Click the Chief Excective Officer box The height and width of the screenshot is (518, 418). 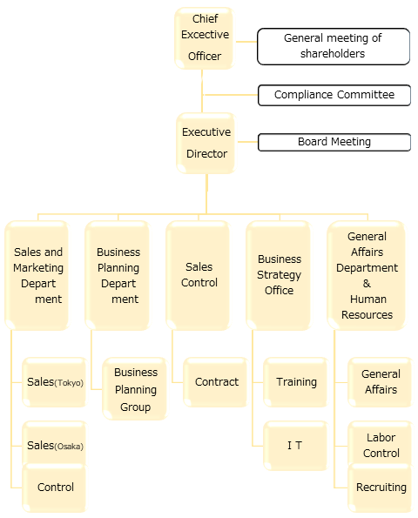[204, 38]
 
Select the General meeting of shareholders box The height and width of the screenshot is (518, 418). [334, 46]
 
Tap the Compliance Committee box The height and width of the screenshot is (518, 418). [334, 95]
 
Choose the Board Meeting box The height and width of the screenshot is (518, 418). [334, 142]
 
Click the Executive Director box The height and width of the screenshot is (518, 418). [206, 143]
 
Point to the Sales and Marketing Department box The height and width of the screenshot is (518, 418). [37, 275]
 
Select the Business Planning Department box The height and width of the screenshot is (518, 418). [118, 275]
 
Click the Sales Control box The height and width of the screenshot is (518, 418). [199, 275]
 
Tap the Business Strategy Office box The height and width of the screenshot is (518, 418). [279, 275]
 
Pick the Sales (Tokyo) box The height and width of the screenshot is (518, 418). [55, 382]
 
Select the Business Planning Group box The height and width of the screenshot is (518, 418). [135, 389]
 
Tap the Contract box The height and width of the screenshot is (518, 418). [216, 382]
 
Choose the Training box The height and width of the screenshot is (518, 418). [296, 382]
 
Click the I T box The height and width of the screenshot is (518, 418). [296, 446]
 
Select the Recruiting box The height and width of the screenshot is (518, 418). [381, 488]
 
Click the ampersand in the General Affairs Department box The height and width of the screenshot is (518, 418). [367, 284]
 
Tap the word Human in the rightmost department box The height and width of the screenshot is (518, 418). [368, 299]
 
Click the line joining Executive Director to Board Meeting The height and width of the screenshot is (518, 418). [247, 142]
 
